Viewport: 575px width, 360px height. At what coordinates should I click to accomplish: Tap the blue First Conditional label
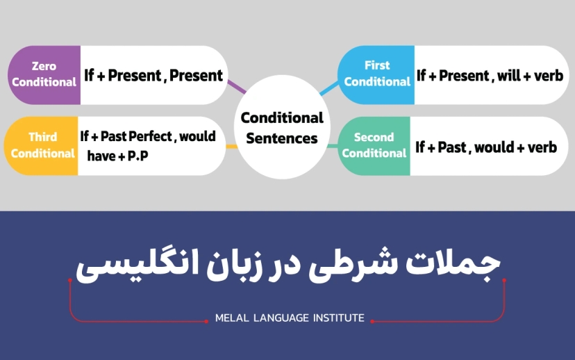(377, 74)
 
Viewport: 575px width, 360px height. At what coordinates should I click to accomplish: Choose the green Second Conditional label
(374, 145)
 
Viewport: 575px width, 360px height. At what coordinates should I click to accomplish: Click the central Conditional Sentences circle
(282, 128)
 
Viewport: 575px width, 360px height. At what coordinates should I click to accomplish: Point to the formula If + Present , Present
(153, 75)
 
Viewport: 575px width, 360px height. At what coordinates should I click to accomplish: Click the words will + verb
(530, 76)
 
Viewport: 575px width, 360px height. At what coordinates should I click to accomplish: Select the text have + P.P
(117, 156)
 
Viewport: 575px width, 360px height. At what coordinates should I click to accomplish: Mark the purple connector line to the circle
(237, 87)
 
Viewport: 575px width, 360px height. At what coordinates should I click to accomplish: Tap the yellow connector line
(231, 147)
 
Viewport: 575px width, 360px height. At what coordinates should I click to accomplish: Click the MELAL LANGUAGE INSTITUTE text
(290, 318)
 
